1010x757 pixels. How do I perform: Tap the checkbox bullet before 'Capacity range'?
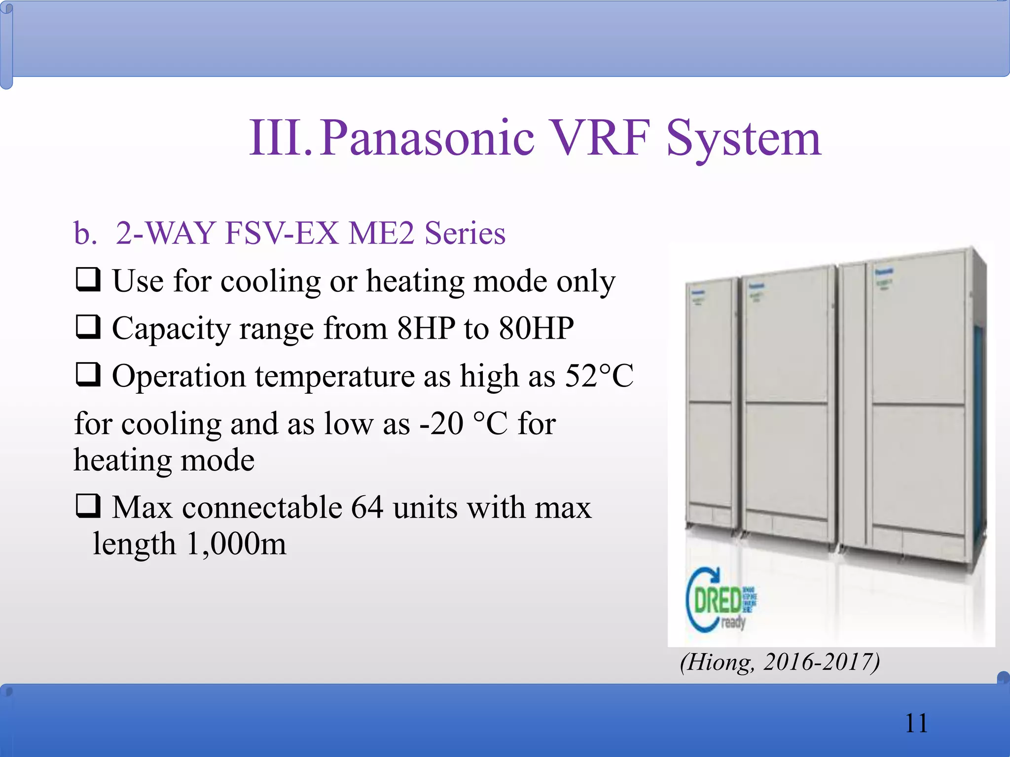coord(88,327)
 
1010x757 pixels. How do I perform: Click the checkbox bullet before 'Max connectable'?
coord(88,506)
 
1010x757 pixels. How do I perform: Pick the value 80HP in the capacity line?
coord(536,328)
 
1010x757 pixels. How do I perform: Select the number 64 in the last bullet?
coord(367,507)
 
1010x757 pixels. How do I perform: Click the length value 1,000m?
coord(237,544)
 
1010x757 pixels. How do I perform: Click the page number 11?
coord(916,723)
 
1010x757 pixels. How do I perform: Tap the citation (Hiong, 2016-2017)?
coord(779,662)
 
